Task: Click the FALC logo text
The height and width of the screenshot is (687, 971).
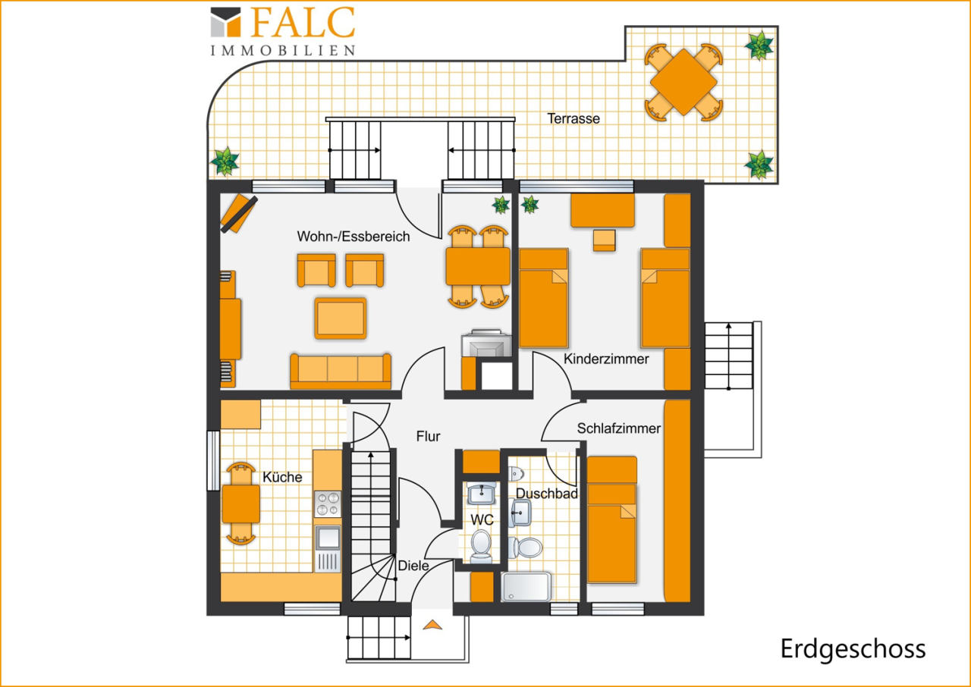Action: (x=303, y=22)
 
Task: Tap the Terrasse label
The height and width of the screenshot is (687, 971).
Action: (x=573, y=118)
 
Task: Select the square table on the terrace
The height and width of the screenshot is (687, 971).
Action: (x=683, y=82)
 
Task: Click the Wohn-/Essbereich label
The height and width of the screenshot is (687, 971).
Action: (x=354, y=236)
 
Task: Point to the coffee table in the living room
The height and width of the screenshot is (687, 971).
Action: (x=341, y=318)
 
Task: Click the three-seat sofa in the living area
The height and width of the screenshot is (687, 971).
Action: (x=341, y=371)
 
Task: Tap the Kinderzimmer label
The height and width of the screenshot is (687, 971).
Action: (x=606, y=359)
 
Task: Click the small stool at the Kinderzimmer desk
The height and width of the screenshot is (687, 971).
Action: (x=605, y=240)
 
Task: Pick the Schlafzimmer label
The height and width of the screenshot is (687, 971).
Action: (x=618, y=428)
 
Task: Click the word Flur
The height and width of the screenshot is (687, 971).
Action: (x=429, y=436)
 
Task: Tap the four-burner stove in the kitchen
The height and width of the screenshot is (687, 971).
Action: (x=328, y=503)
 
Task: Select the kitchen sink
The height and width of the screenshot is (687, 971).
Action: (x=328, y=538)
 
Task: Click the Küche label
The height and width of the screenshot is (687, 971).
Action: (x=282, y=477)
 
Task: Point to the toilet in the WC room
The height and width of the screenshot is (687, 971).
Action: (x=481, y=547)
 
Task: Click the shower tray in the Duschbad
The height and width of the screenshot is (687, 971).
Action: (x=526, y=587)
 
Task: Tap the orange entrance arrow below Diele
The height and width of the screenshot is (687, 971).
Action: (x=432, y=625)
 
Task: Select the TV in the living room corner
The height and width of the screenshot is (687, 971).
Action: (x=239, y=213)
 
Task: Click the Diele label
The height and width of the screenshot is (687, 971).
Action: (x=413, y=565)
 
